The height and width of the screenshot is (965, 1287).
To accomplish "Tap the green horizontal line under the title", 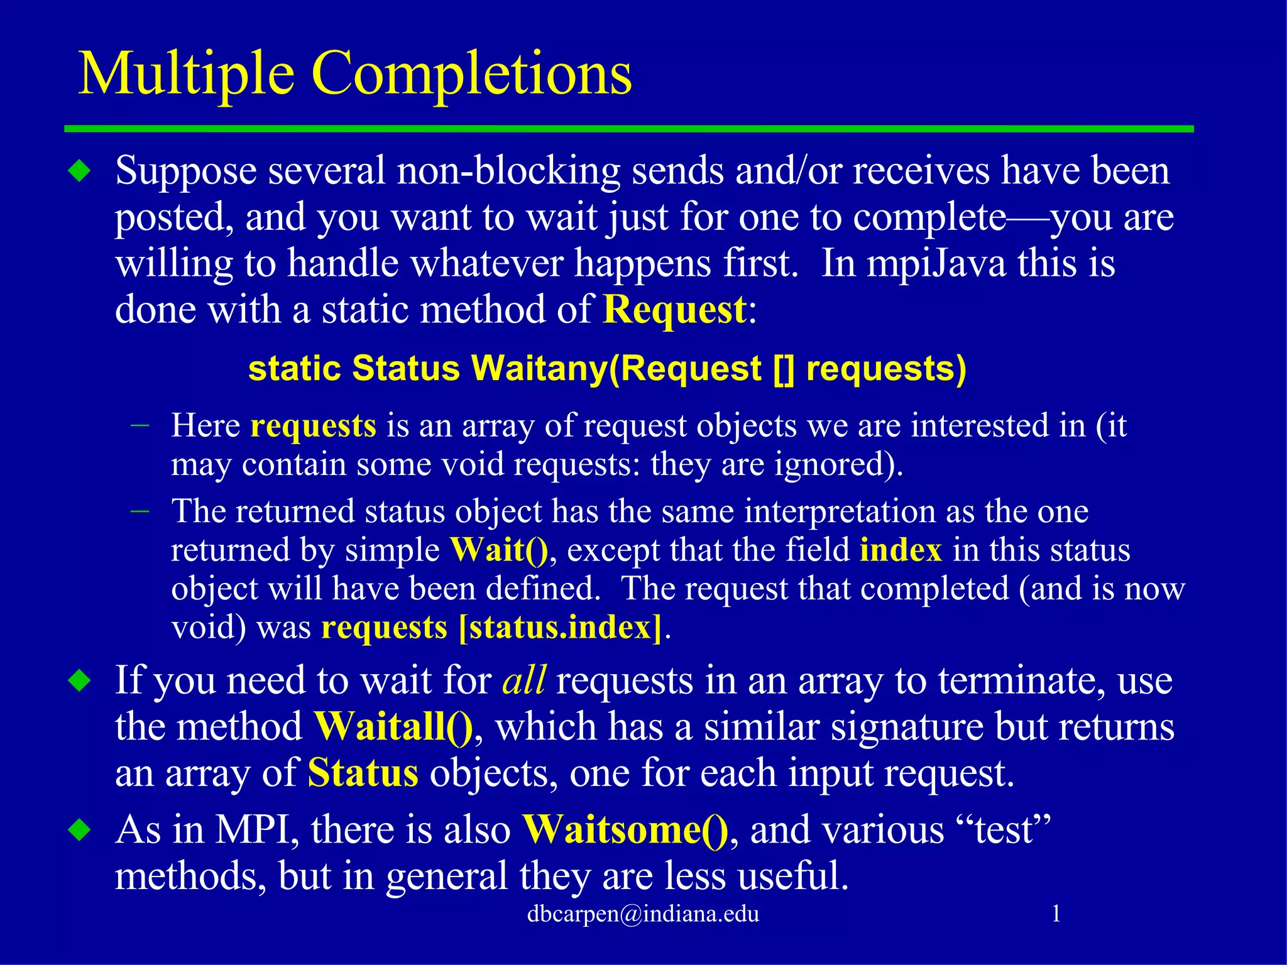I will coord(628,129).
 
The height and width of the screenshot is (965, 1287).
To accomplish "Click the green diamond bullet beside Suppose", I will coord(80,172).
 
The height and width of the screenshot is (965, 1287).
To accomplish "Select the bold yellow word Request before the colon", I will coord(674,310).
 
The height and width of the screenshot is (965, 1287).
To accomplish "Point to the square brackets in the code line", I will coord(784,369).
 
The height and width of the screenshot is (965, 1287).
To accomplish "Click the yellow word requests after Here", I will coord(313,426).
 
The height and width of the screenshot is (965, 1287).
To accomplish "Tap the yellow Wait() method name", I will coord(499,550).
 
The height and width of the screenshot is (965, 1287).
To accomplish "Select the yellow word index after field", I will coord(901,550).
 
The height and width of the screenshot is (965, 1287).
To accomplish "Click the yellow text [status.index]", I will coord(561,628).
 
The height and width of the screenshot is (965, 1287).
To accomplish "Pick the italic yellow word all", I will coord(523,680).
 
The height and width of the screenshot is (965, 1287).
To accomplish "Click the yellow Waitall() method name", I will coord(393,728).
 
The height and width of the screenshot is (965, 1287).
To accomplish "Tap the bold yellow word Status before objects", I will coord(363,773).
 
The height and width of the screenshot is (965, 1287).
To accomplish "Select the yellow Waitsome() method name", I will coord(625,830).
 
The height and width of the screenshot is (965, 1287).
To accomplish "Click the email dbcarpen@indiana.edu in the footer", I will coord(643,913).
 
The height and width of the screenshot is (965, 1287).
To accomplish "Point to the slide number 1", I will coord(1056,913).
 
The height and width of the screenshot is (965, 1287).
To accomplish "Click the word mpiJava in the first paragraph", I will coord(936,263).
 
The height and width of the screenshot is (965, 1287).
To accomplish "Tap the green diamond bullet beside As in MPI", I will coord(80,831).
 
